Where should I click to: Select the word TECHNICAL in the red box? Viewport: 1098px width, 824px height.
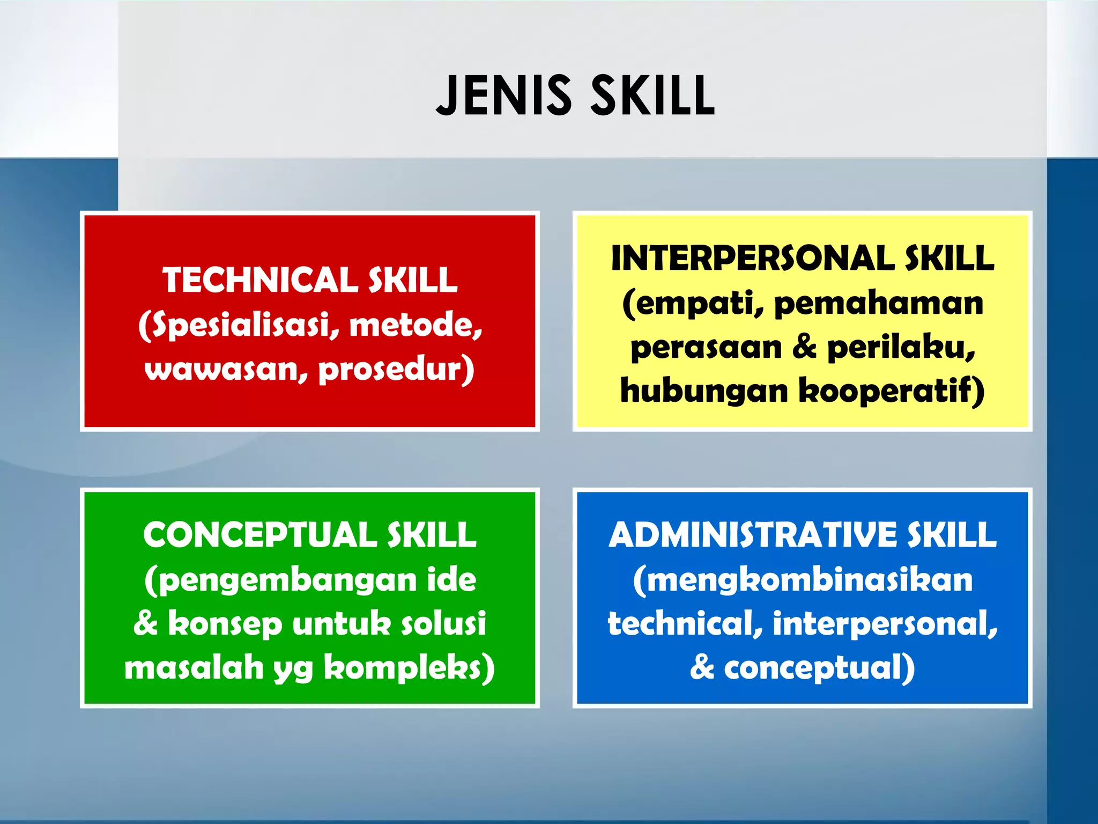click(260, 280)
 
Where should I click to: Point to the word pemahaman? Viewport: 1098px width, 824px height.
click(879, 303)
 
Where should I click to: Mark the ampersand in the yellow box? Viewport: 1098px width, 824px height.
click(804, 347)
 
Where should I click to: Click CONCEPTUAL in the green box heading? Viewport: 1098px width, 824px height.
click(259, 535)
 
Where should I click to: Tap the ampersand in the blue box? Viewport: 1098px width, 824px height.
click(702, 668)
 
